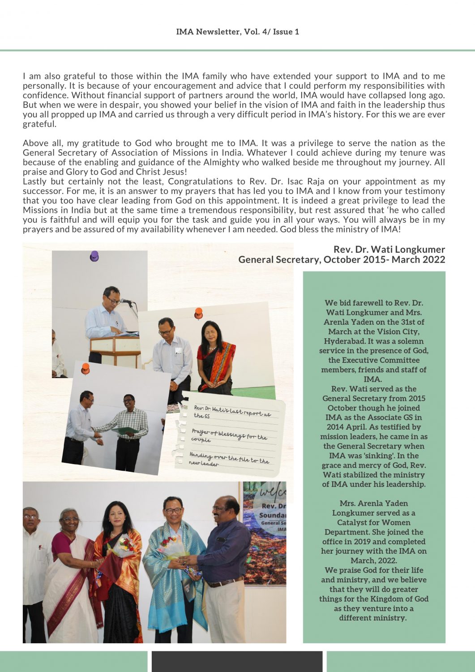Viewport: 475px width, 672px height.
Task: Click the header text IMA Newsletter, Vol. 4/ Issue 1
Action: [237, 32]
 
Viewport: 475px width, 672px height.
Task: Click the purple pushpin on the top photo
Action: [94, 256]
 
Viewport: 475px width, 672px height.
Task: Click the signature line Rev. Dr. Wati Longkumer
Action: [389, 250]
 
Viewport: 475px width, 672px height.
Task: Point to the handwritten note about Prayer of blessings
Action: [229, 435]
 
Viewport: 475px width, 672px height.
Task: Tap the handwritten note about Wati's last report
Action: [232, 411]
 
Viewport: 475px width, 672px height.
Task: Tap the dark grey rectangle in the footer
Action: [237, 661]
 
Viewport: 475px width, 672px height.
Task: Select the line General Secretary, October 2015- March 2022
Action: [342, 260]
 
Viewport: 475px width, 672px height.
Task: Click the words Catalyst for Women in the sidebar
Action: [374, 522]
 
